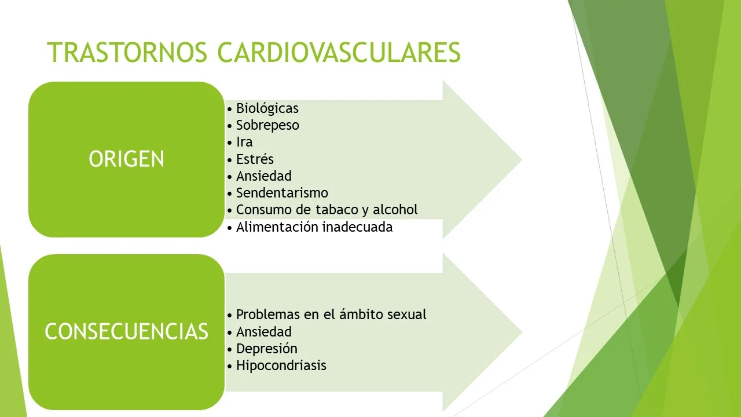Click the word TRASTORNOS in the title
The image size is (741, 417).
click(127, 52)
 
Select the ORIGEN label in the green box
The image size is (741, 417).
click(126, 159)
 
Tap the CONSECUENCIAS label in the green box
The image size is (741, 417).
click(126, 331)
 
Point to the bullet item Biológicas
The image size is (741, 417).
click(267, 108)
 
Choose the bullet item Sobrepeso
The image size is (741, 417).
click(267, 125)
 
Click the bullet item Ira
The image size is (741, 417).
click(244, 142)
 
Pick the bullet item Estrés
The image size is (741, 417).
click(255, 159)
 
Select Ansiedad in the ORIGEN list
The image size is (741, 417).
click(263, 175)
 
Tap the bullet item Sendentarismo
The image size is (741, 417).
click(282, 192)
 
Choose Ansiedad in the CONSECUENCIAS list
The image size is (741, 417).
click(263, 332)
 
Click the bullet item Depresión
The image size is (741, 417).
click(266, 349)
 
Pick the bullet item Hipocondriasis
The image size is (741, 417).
click(281, 365)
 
